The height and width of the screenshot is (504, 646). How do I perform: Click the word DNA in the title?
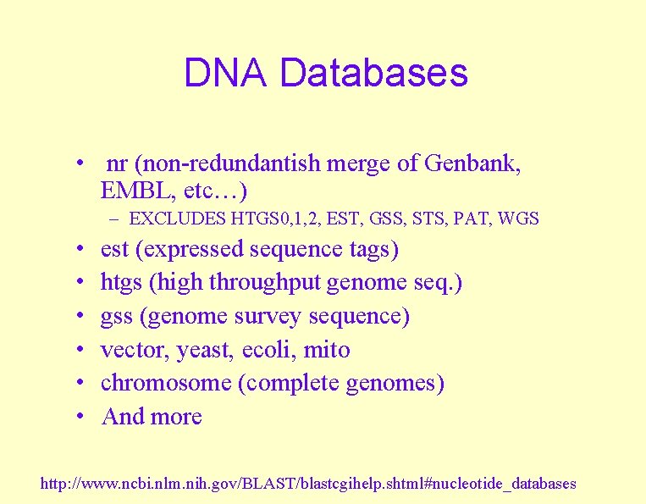click(226, 73)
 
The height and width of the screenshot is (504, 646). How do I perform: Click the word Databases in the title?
click(373, 73)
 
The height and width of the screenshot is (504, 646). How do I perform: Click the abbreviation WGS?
click(519, 219)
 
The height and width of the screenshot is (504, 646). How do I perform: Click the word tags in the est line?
click(369, 250)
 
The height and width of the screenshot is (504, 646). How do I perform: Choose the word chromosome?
click(166, 383)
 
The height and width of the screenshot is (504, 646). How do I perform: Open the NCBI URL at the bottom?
click(308, 484)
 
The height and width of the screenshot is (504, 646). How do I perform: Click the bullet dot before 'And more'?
click(78, 417)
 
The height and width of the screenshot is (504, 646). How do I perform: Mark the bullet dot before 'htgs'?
click(78, 283)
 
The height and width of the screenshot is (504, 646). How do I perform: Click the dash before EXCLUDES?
click(113, 219)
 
